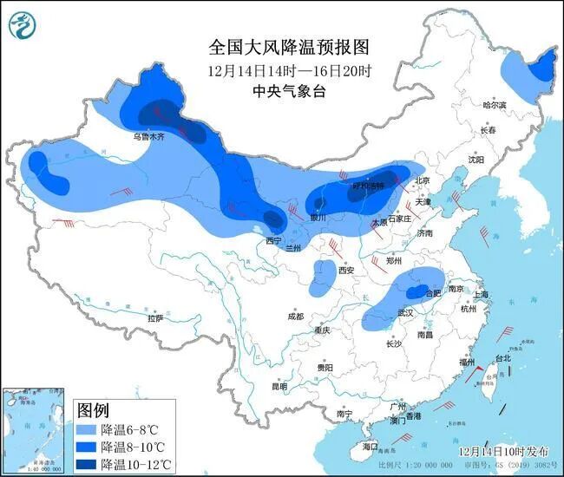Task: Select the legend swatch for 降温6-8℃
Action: click(87, 429)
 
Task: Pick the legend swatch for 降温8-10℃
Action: click(87, 446)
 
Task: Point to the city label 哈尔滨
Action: click(494, 104)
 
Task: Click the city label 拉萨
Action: click(154, 318)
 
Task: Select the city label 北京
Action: click(423, 180)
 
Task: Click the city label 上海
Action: click(480, 294)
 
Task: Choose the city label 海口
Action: click(371, 446)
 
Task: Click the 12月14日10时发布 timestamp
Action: click(504, 452)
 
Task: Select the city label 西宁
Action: click(274, 240)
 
